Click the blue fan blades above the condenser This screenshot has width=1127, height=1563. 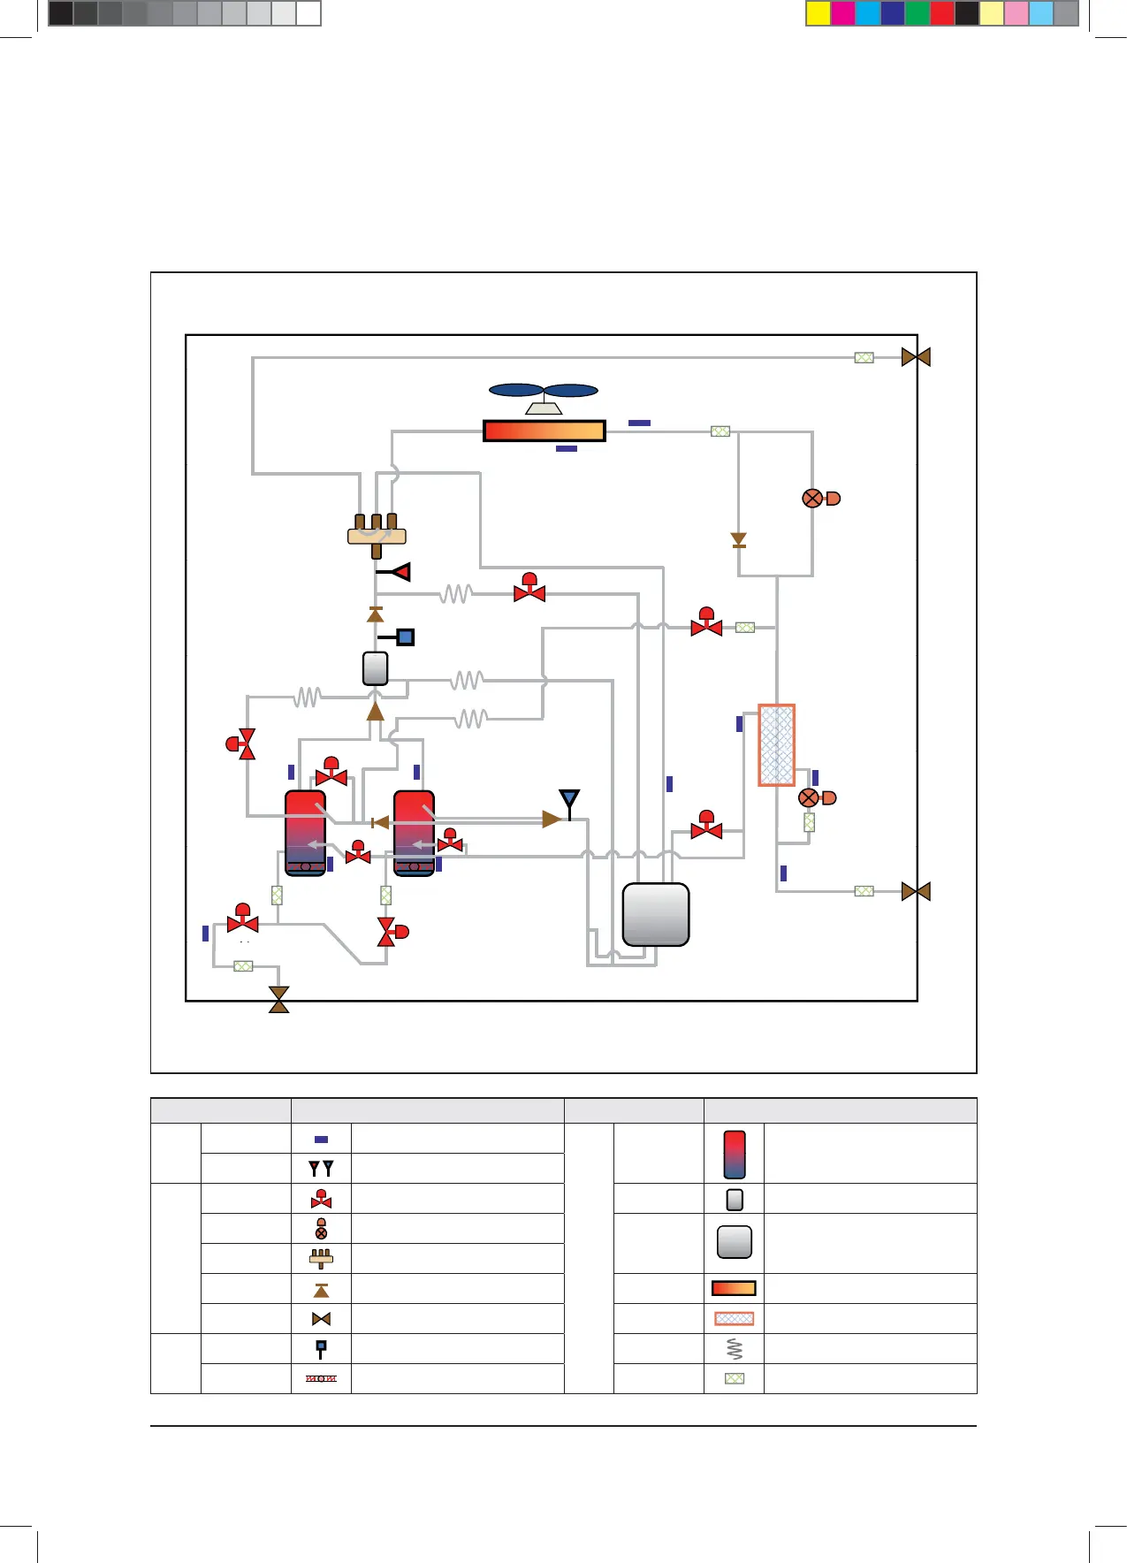(544, 391)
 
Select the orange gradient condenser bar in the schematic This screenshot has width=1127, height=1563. (544, 431)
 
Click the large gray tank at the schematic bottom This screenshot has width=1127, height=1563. (656, 915)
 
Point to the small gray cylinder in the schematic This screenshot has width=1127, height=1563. (376, 668)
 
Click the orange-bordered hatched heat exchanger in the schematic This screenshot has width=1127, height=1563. (777, 745)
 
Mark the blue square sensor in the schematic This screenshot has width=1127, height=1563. (405, 637)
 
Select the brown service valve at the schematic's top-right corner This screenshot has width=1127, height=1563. (916, 357)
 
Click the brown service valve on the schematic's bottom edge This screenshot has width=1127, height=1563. (279, 999)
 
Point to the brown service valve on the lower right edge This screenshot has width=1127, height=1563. (916, 891)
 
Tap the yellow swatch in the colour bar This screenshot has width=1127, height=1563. (819, 13)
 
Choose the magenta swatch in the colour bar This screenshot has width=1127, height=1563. (843, 13)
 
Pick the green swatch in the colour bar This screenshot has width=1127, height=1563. (918, 13)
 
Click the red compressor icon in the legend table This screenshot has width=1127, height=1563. (735, 1155)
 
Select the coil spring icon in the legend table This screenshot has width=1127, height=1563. (735, 1348)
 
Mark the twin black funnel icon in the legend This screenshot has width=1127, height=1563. (321, 1169)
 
